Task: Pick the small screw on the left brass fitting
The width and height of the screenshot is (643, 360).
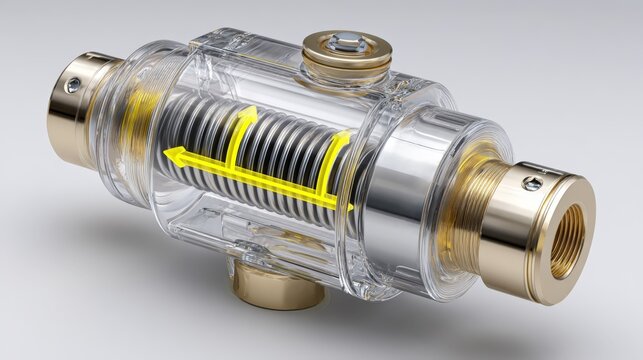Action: tap(73, 86)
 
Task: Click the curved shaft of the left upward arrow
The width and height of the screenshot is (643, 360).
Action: tap(233, 145)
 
